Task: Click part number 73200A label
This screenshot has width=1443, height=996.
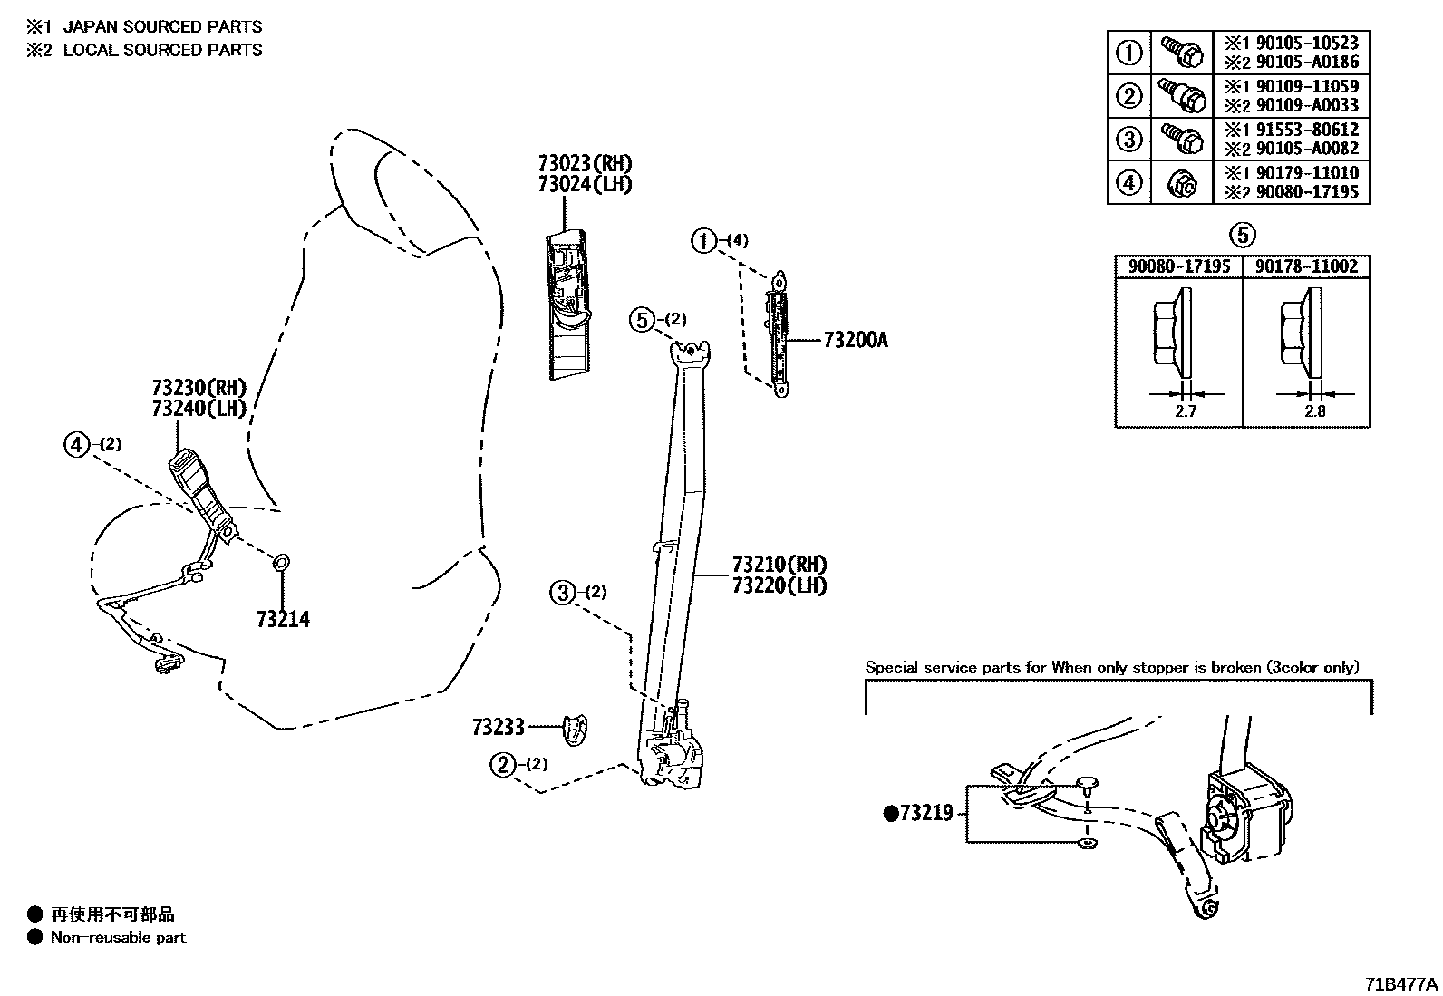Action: pos(856,341)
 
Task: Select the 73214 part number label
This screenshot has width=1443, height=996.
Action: pos(283,620)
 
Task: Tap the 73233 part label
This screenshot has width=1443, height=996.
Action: pos(498,727)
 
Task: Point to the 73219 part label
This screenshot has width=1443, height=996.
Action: pos(925,813)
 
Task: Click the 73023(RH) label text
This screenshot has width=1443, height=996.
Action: pos(585,164)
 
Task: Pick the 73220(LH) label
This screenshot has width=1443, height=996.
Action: pos(780,585)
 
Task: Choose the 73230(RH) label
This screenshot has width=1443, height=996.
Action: pos(199,388)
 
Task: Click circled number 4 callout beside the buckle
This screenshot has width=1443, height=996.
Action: pos(77,444)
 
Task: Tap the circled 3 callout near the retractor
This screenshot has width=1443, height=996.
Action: pos(563,593)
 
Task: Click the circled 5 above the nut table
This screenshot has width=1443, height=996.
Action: pos(1242,236)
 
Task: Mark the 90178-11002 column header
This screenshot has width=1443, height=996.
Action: pos(1306,266)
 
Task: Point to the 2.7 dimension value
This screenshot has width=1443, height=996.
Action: pos(1186,411)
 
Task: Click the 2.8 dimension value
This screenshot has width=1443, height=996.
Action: pos(1314,411)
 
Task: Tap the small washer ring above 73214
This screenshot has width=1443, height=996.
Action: pos(281,564)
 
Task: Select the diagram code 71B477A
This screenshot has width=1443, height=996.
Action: pos(1401,984)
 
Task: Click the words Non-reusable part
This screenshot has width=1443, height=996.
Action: pos(118,938)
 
